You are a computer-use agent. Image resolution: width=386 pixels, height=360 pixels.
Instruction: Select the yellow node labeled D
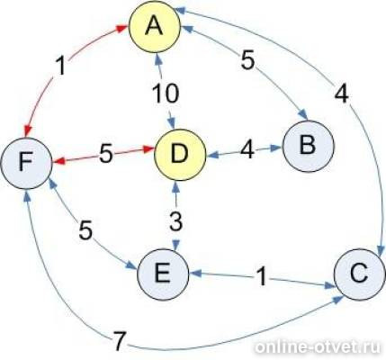tap(180, 155)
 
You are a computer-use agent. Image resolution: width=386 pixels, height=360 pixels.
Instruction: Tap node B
tap(308, 146)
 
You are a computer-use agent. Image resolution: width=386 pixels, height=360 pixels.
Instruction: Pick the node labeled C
tap(360, 274)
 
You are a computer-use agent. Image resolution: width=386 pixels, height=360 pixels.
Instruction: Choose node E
tap(163, 274)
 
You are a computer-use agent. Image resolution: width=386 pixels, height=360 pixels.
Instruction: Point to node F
tap(26, 163)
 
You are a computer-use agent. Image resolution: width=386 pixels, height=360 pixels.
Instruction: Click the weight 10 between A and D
tap(166, 94)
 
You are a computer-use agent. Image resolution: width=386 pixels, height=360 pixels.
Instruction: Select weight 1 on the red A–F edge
tap(61, 66)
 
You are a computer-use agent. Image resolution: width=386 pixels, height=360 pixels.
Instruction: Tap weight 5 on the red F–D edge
tap(106, 154)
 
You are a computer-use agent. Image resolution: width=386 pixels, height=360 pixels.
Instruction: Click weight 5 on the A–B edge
tap(247, 60)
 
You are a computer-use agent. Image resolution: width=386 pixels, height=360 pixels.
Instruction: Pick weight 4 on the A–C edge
tap(342, 94)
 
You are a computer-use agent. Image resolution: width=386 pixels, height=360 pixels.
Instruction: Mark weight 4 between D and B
tap(247, 148)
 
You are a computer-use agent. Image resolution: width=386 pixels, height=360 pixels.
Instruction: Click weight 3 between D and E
tap(175, 221)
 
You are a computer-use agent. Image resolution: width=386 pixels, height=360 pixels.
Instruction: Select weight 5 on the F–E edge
tap(85, 230)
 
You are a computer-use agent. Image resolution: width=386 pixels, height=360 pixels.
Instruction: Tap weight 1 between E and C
tap(262, 276)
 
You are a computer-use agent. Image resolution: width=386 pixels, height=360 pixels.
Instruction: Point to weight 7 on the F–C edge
tap(120, 341)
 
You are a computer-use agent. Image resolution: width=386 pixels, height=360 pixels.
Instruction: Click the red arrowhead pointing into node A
tap(122, 28)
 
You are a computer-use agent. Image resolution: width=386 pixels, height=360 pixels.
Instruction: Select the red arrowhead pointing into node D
tap(148, 148)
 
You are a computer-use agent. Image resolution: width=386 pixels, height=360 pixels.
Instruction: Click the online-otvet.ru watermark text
tap(319, 347)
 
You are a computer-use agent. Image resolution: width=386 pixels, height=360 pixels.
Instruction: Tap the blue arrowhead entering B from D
tap(276, 148)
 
